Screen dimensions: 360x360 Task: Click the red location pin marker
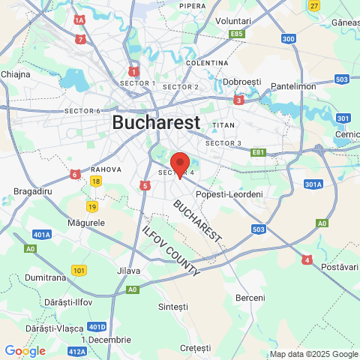180,164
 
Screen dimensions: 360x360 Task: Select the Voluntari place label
232,21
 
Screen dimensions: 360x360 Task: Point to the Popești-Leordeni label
229,194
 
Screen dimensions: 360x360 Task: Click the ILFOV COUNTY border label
171,251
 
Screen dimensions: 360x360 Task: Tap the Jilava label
129,270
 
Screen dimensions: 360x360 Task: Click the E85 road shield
238,34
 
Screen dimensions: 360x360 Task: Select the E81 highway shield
259,152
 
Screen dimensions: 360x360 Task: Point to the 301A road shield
313,184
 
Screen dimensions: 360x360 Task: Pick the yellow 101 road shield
79,269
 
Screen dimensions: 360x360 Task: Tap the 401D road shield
97,327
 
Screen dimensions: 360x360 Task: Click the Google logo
25,350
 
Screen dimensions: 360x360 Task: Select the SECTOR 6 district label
82,111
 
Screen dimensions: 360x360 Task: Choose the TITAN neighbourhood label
223,124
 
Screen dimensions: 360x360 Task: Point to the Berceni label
250,298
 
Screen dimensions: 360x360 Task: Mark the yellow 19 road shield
92,206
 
